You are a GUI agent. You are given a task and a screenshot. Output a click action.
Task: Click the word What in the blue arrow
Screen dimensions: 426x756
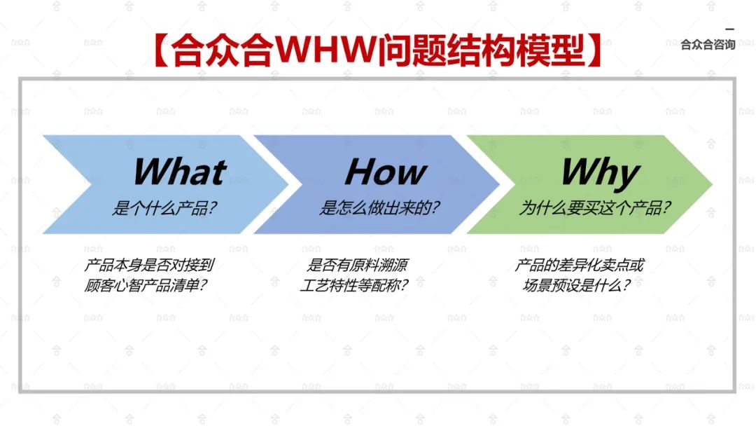tap(179, 172)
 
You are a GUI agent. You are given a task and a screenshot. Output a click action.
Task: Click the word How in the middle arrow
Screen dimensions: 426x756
tap(386, 172)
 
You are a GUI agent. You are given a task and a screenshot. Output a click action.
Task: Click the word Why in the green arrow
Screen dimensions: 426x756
tap(600, 172)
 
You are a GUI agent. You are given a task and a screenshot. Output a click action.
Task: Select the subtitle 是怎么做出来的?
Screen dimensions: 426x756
tap(381, 209)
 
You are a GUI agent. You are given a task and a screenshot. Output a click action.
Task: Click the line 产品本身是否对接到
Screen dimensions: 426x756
tap(149, 266)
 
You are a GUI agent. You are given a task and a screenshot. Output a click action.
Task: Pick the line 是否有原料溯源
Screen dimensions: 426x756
tap(358, 266)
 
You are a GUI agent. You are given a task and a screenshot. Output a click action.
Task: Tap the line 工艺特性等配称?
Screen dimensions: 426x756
tap(355, 286)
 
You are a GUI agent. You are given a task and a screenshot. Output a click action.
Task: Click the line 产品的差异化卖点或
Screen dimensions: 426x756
tap(579, 266)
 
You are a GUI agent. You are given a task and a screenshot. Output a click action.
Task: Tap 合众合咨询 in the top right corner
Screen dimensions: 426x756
tap(708, 45)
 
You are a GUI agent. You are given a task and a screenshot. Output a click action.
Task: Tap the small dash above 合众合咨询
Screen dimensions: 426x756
tap(729, 29)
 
